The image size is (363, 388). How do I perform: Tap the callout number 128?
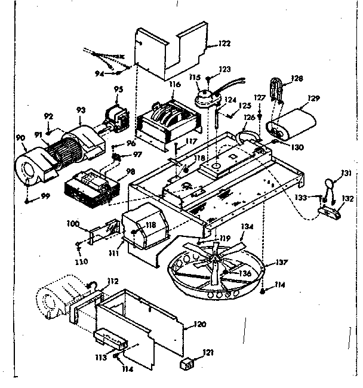[297, 78]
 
